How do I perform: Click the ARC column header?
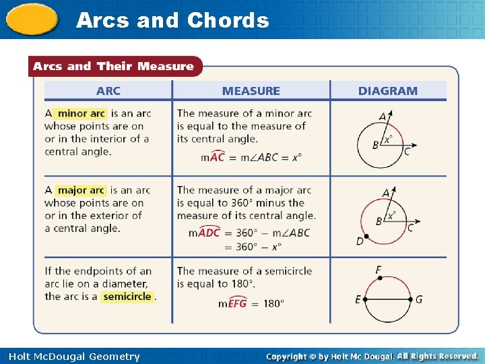pos(108,91)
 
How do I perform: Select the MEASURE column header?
pos(251,91)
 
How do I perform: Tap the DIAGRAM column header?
pos(387,91)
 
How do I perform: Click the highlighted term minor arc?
pos(81,113)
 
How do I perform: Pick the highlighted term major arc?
pos(81,190)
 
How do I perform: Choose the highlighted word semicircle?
pos(127,297)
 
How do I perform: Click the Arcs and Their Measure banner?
pos(113,66)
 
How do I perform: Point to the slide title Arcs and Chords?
pos(172,20)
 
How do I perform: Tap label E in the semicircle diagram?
pos(358,299)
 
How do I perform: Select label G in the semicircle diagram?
pos(419,299)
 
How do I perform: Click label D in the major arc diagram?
pos(360,241)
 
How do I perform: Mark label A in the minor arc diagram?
pos(383,117)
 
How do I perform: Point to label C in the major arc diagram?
pos(410,228)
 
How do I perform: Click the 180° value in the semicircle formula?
pos(273,303)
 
